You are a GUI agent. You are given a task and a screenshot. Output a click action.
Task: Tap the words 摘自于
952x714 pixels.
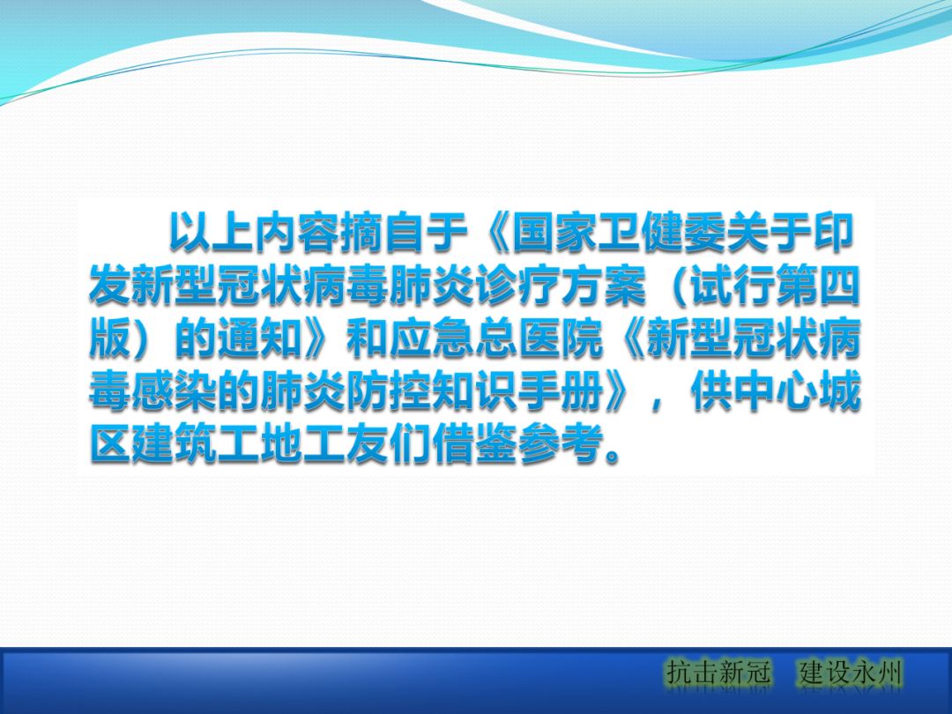pos(402,233)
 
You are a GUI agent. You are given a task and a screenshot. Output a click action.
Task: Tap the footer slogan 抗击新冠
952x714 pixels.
pos(718,674)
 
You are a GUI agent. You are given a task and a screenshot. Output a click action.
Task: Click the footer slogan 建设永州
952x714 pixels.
pos(851,674)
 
